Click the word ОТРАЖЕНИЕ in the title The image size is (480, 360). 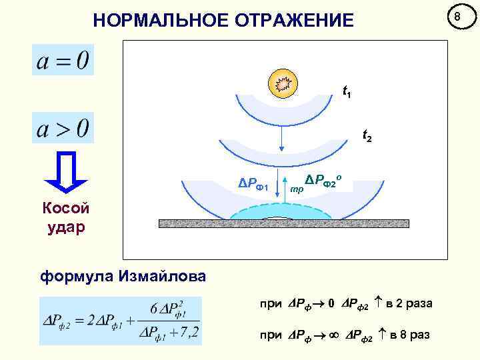click(x=291, y=21)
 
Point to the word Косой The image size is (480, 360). click(x=65, y=208)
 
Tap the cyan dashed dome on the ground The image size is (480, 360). click(x=281, y=210)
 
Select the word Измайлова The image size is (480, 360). click(x=161, y=275)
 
